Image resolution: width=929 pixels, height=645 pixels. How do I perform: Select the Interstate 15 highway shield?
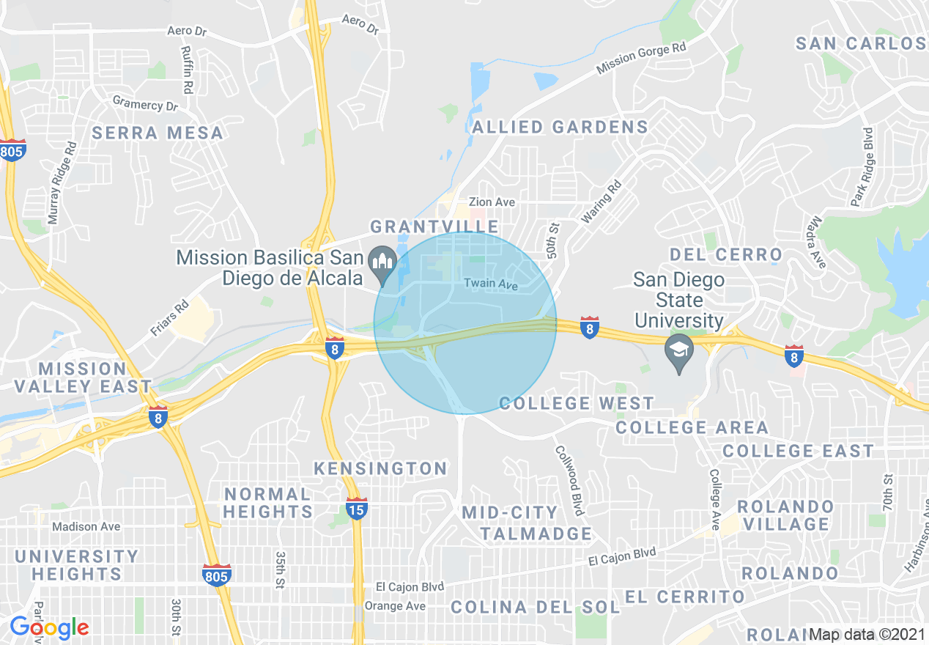point(357,508)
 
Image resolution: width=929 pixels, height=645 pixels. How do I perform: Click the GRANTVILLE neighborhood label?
point(434,226)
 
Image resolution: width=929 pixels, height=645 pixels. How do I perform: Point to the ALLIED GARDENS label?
point(560,127)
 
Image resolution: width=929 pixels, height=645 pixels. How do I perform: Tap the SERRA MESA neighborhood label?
point(158,133)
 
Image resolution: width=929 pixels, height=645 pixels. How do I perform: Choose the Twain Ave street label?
point(490,284)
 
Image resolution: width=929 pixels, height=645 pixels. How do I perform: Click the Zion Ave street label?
point(492,202)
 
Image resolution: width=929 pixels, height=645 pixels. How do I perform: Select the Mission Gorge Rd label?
point(642,58)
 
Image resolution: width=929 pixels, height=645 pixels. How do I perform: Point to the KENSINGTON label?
point(380,468)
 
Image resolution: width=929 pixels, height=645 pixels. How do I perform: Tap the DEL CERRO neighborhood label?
point(726,255)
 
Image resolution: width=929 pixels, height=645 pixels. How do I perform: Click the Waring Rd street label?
point(602,202)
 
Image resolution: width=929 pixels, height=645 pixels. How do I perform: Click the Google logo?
point(49,627)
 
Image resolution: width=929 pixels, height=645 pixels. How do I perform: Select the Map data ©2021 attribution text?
point(867,634)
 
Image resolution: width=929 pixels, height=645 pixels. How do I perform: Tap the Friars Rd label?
point(169,317)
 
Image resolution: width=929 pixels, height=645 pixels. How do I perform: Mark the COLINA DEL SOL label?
point(535,607)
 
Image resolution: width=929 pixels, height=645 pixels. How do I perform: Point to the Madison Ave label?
point(86,526)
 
